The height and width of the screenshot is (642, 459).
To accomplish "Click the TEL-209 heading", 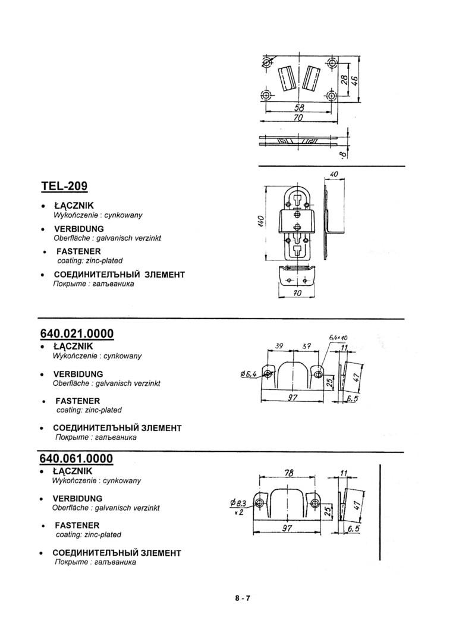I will click(x=64, y=186).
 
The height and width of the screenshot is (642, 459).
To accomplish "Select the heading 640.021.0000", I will click(x=77, y=333).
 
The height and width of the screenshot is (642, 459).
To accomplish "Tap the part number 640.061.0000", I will click(x=77, y=458).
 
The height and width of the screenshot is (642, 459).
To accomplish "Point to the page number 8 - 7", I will click(x=242, y=599).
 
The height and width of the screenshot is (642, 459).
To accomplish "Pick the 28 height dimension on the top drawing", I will click(x=343, y=80).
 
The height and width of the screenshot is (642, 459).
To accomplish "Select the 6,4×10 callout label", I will click(x=337, y=338).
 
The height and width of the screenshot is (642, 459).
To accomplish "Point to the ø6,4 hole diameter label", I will click(x=249, y=374).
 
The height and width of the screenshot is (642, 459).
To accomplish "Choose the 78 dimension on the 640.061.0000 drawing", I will click(x=289, y=473).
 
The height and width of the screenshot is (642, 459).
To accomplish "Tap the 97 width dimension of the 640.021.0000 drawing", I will click(x=292, y=398).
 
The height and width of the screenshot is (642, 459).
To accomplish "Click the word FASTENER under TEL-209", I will click(x=78, y=251).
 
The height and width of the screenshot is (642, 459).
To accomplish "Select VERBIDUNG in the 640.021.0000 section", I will click(x=78, y=374).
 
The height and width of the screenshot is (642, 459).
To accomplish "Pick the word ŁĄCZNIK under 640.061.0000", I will click(x=73, y=471).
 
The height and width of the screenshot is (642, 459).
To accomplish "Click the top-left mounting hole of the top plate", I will click(x=266, y=61).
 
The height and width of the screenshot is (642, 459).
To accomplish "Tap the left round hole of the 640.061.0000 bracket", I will click(x=259, y=503).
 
